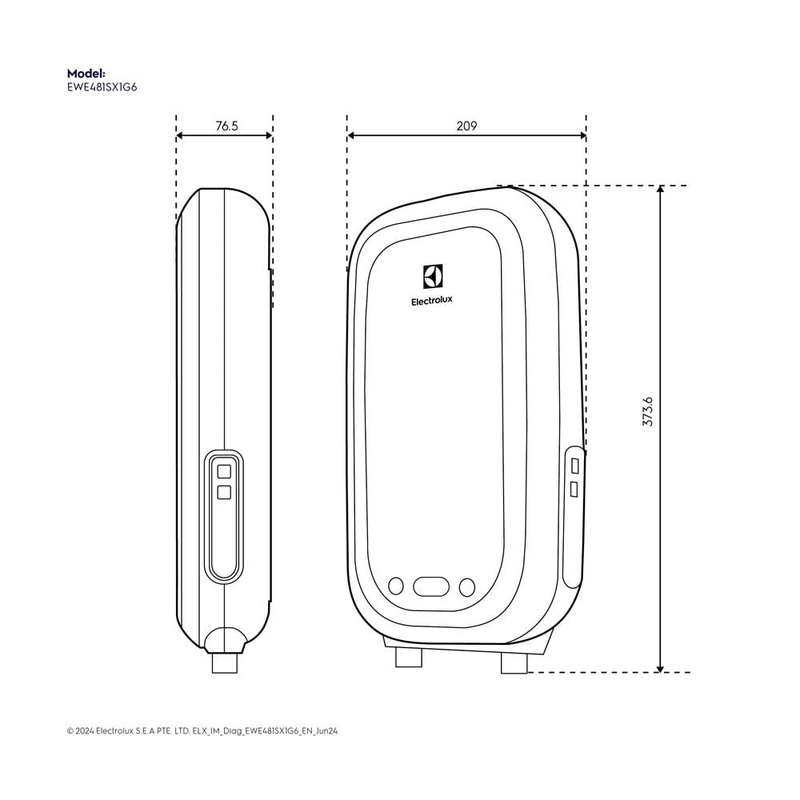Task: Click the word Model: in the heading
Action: pos(86,74)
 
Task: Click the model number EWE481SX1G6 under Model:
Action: pos(102,87)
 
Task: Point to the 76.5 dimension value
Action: pos(226,126)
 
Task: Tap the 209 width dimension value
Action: pos(466,126)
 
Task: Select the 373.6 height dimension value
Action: pos(647,412)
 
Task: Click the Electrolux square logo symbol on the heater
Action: pos(433,277)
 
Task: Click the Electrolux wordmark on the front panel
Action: pos(432,301)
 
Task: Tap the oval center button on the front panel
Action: pos(431,586)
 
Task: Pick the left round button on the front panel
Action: pos(396,586)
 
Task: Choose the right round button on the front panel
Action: pos(467,587)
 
